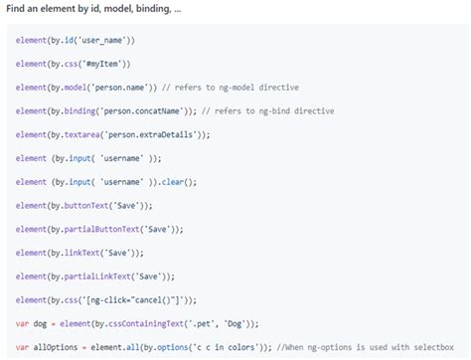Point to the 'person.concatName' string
click(134, 110)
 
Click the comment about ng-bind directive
click(287, 110)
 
